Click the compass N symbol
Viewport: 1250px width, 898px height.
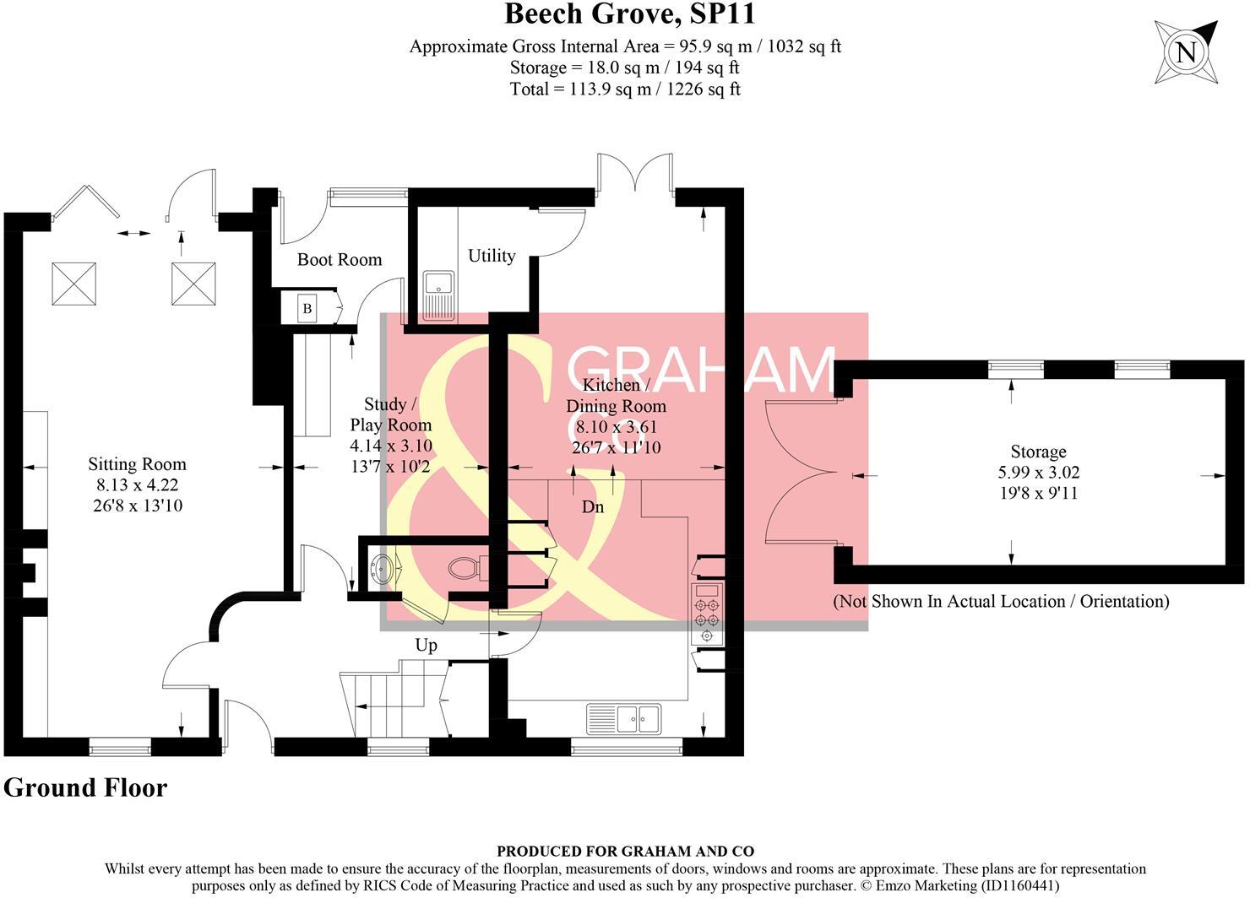click(1187, 52)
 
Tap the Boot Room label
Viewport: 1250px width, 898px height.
click(340, 260)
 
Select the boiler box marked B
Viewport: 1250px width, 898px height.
click(307, 309)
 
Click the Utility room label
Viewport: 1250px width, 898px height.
click(492, 256)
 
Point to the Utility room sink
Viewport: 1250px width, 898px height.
click(438, 295)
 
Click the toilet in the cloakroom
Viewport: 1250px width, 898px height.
click(465, 567)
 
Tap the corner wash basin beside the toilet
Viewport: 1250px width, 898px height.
click(383, 569)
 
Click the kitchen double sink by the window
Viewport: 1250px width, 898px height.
click(625, 719)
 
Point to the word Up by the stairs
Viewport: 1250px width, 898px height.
click(427, 646)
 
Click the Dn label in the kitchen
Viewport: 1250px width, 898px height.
click(593, 507)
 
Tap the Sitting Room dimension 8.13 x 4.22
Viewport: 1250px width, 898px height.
click(137, 485)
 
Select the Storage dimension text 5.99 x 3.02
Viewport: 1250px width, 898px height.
click(1038, 473)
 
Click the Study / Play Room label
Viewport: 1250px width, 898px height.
click(391, 414)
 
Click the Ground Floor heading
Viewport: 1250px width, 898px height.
click(85, 787)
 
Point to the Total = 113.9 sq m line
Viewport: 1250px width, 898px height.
click(625, 89)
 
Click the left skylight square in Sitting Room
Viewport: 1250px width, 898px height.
click(74, 284)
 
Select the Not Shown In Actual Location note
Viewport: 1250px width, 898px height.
click(1001, 602)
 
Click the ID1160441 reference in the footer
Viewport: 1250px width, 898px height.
click(1019, 886)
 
